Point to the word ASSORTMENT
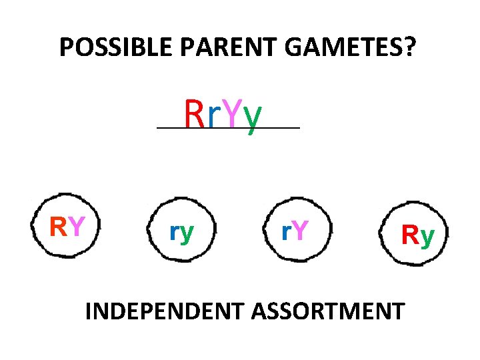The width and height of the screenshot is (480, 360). point(335,311)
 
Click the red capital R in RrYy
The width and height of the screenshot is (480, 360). point(194,115)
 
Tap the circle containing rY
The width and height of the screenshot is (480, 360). point(294,231)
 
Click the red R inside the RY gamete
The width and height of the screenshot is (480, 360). point(59,227)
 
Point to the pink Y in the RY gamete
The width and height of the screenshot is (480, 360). point(76,227)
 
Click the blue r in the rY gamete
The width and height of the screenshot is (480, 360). point(285,232)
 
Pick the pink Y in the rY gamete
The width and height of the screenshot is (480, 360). point(300,231)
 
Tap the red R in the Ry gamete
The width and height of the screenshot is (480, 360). point(409,235)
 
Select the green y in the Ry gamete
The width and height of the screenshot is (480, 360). point(427,237)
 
